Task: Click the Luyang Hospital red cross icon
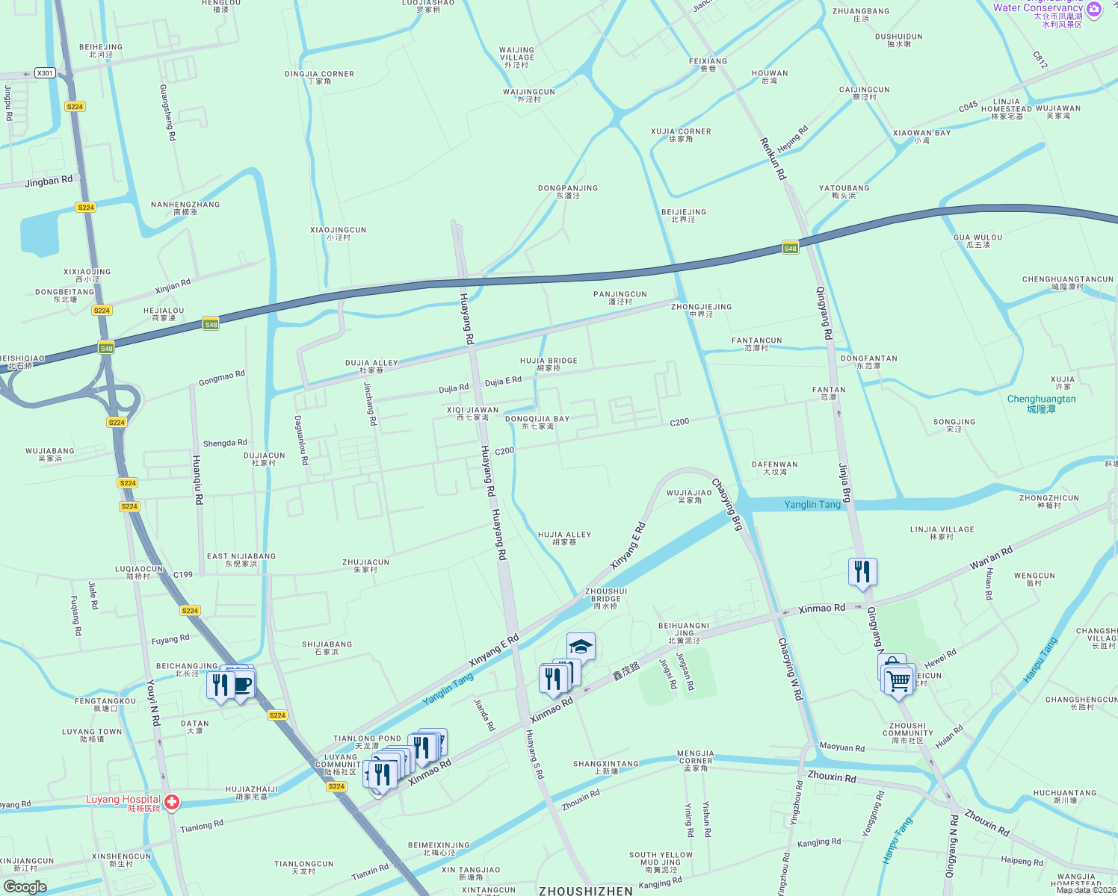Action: pyautogui.click(x=172, y=803)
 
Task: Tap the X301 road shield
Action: pyautogui.click(x=45, y=73)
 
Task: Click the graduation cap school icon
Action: pyautogui.click(x=581, y=646)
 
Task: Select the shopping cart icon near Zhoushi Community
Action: pyautogui.click(x=898, y=680)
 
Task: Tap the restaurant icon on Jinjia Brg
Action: pyautogui.click(x=862, y=572)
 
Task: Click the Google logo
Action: pyautogui.click(x=25, y=886)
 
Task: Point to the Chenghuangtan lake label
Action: pyautogui.click(x=1041, y=403)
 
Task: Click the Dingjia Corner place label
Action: pyautogui.click(x=319, y=78)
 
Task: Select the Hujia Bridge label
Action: pyautogui.click(x=549, y=364)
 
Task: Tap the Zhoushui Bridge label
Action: pyautogui.click(x=605, y=598)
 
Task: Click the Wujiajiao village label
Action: pyautogui.click(x=689, y=497)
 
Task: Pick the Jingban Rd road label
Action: pyautogui.click(x=49, y=181)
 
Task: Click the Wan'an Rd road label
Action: pyautogui.click(x=991, y=558)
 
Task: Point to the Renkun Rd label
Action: pyautogui.click(x=773, y=158)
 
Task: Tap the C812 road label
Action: pyautogui.click(x=1040, y=60)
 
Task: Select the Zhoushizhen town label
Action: pyautogui.click(x=585, y=891)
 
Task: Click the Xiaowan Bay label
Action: pyautogui.click(x=921, y=136)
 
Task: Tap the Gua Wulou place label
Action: pyautogui.click(x=978, y=240)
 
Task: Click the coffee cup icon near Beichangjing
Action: pyautogui.click(x=242, y=684)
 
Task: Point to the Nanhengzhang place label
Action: pyautogui.click(x=185, y=208)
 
